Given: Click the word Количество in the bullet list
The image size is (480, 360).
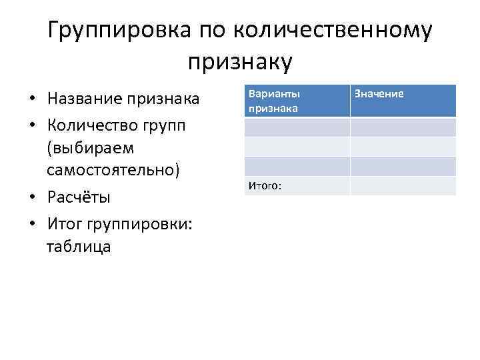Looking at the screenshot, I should pos(95,124).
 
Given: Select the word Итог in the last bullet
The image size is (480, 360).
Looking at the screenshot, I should pos(65,223).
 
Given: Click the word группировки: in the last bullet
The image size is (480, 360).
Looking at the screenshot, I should pos(140,223).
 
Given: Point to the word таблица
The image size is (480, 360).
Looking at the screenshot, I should pos(79,247).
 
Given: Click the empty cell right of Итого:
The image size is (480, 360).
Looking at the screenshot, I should pos(403,186).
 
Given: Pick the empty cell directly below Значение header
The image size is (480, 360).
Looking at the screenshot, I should pos(403,127).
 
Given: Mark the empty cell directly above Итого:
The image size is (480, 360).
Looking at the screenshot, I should pos(297,166).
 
